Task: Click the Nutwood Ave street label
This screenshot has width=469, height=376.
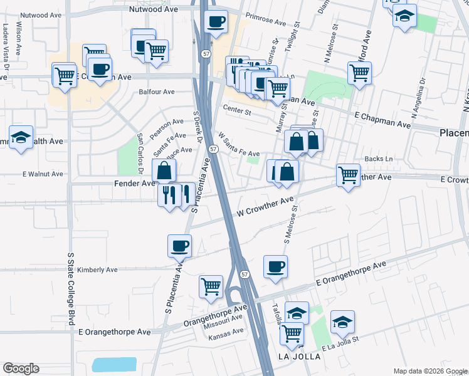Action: (153, 10)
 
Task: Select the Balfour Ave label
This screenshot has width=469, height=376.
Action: (157, 92)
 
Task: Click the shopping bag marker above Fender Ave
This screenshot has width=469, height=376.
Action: (164, 170)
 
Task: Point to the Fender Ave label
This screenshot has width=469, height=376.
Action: (134, 184)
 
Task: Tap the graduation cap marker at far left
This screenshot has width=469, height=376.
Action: (21, 137)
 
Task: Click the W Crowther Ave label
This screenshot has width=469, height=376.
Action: (265, 207)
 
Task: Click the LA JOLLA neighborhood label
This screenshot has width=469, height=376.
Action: (299, 356)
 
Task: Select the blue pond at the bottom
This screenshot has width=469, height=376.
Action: (113, 365)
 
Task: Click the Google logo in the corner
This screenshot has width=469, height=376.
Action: (21, 368)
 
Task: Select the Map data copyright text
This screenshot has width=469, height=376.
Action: (429, 371)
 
